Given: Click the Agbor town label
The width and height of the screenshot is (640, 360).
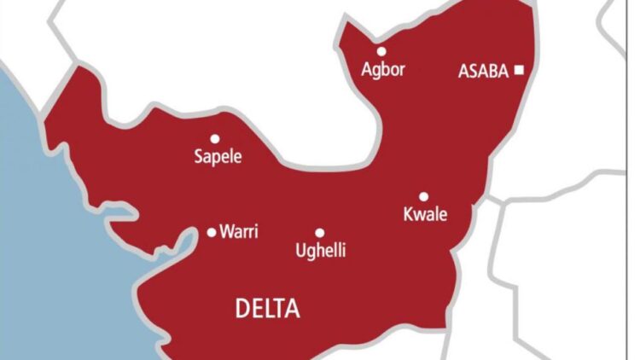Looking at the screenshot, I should pos(381,71).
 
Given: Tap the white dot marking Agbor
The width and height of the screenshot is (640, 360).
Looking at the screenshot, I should pos(381,51).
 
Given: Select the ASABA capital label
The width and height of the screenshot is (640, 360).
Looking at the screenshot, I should pos(483,72).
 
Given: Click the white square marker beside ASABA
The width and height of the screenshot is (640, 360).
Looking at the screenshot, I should pos(518,71).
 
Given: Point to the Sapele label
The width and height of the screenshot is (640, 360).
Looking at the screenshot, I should pos(218,157).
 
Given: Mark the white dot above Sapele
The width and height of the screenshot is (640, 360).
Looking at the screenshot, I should pos(215,138).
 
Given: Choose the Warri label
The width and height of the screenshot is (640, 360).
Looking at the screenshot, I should pos(240,231).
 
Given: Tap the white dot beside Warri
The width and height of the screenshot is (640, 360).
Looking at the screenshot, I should pos(212,232).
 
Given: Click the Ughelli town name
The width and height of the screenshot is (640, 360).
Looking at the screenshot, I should pos(320,251).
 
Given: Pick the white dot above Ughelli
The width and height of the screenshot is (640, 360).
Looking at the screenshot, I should pos(320,232).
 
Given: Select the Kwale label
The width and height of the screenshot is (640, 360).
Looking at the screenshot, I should pos(424,215).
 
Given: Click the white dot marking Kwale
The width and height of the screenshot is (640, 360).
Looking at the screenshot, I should pos(423,196).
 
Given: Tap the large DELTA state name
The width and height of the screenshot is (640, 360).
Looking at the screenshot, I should pos(268,309).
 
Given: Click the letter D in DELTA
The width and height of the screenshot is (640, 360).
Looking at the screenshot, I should pos(242,309).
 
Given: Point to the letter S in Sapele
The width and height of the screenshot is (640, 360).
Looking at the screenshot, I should pos(199,157).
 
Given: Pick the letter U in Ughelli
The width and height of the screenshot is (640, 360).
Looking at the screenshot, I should pos(299,251).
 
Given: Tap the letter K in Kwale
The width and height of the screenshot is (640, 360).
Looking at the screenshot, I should pos(407,215).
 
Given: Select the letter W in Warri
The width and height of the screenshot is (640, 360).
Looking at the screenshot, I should pos(227,231).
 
